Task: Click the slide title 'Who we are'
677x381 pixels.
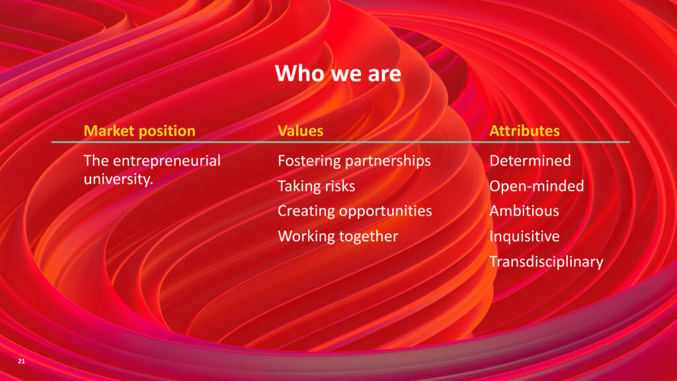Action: pyautogui.click(x=338, y=73)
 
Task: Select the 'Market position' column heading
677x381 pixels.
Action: pyautogui.click(x=139, y=131)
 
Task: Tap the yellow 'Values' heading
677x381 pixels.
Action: pyautogui.click(x=301, y=131)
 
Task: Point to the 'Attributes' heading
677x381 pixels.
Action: pyautogui.click(x=524, y=131)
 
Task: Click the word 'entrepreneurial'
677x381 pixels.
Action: pyautogui.click(x=167, y=161)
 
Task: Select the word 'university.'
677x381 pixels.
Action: pyautogui.click(x=118, y=179)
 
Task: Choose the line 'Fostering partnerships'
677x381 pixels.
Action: pyautogui.click(x=354, y=161)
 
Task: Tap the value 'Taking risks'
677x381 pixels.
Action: pyautogui.click(x=317, y=186)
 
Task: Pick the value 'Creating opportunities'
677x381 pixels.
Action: pyautogui.click(x=355, y=211)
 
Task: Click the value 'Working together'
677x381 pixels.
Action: pyautogui.click(x=338, y=236)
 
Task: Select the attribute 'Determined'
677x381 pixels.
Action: pyautogui.click(x=530, y=161)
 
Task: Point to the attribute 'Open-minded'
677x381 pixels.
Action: pyautogui.click(x=537, y=186)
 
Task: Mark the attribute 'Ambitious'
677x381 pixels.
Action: pyautogui.click(x=524, y=211)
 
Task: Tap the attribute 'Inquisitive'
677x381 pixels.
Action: pyautogui.click(x=524, y=237)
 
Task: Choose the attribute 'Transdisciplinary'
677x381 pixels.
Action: pyautogui.click(x=546, y=262)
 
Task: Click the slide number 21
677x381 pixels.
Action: pyautogui.click(x=22, y=361)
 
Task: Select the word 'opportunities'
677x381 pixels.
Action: pyautogui.click(x=385, y=212)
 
